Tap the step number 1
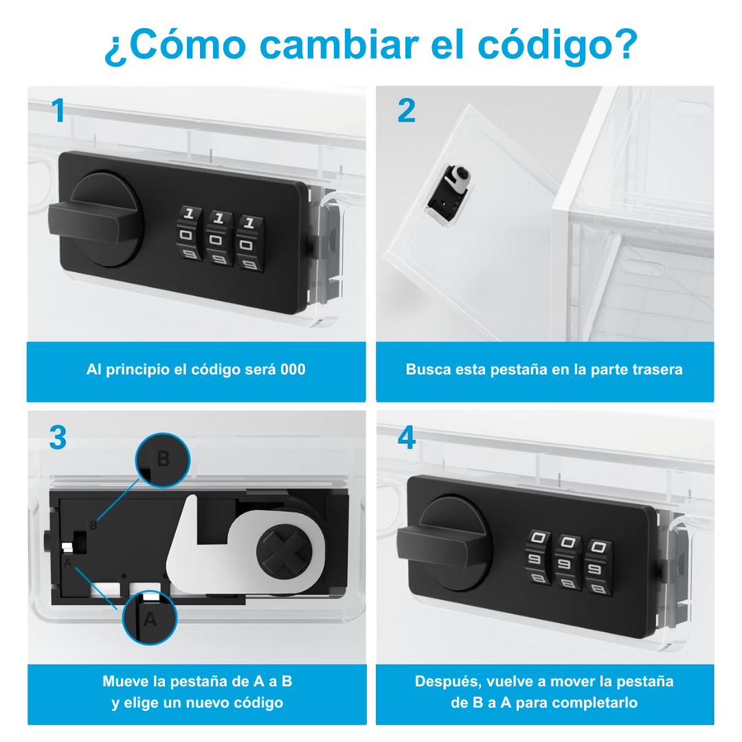[58, 110]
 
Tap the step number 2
[407, 110]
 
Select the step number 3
[58, 437]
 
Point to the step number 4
[407, 437]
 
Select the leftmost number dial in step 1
[190, 233]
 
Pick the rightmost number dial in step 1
[250, 243]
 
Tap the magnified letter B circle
[163, 460]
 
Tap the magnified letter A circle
[150, 618]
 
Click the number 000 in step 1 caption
[293, 370]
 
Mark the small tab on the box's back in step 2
[449, 194]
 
